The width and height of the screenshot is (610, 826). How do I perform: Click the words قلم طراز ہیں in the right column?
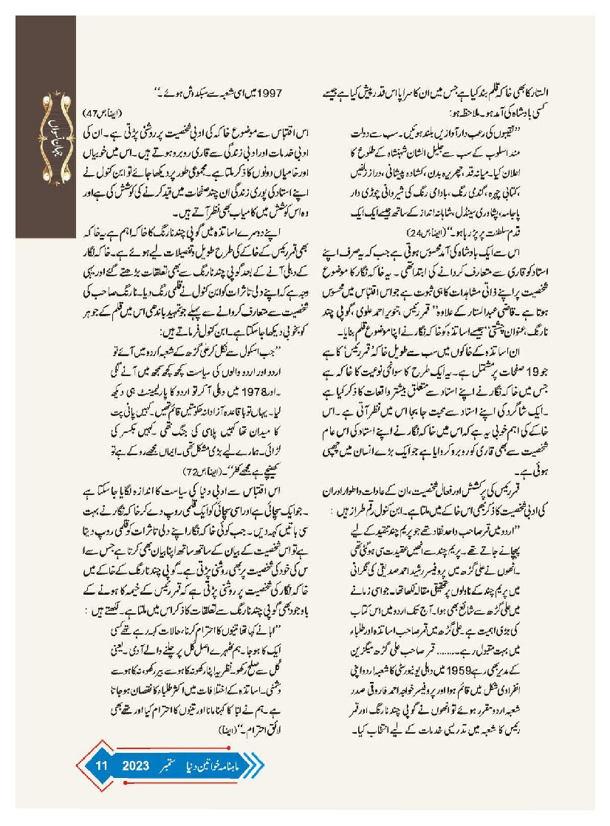(358, 512)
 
